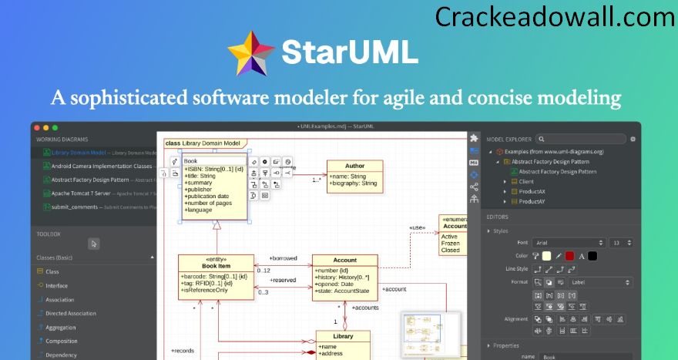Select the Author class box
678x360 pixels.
(x=354, y=175)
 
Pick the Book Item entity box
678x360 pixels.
(x=215, y=276)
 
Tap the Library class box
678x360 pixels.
(x=343, y=345)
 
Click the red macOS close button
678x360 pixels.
(x=36, y=127)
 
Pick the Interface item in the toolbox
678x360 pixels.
(x=57, y=285)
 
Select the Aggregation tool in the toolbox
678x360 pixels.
(x=61, y=327)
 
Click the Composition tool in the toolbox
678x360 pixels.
(x=62, y=341)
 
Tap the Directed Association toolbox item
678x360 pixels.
(x=70, y=313)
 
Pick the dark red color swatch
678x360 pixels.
(x=569, y=256)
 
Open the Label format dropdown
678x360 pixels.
(x=600, y=282)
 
